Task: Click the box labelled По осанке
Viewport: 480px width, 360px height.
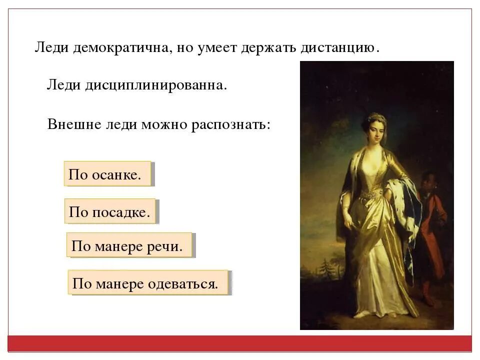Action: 107,174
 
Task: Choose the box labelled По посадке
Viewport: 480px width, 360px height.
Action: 110,211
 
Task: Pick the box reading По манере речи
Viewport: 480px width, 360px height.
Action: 129,245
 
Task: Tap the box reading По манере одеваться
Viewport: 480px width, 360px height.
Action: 148,283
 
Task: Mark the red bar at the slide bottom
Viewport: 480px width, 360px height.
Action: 239,343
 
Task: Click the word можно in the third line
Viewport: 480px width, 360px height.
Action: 163,123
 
